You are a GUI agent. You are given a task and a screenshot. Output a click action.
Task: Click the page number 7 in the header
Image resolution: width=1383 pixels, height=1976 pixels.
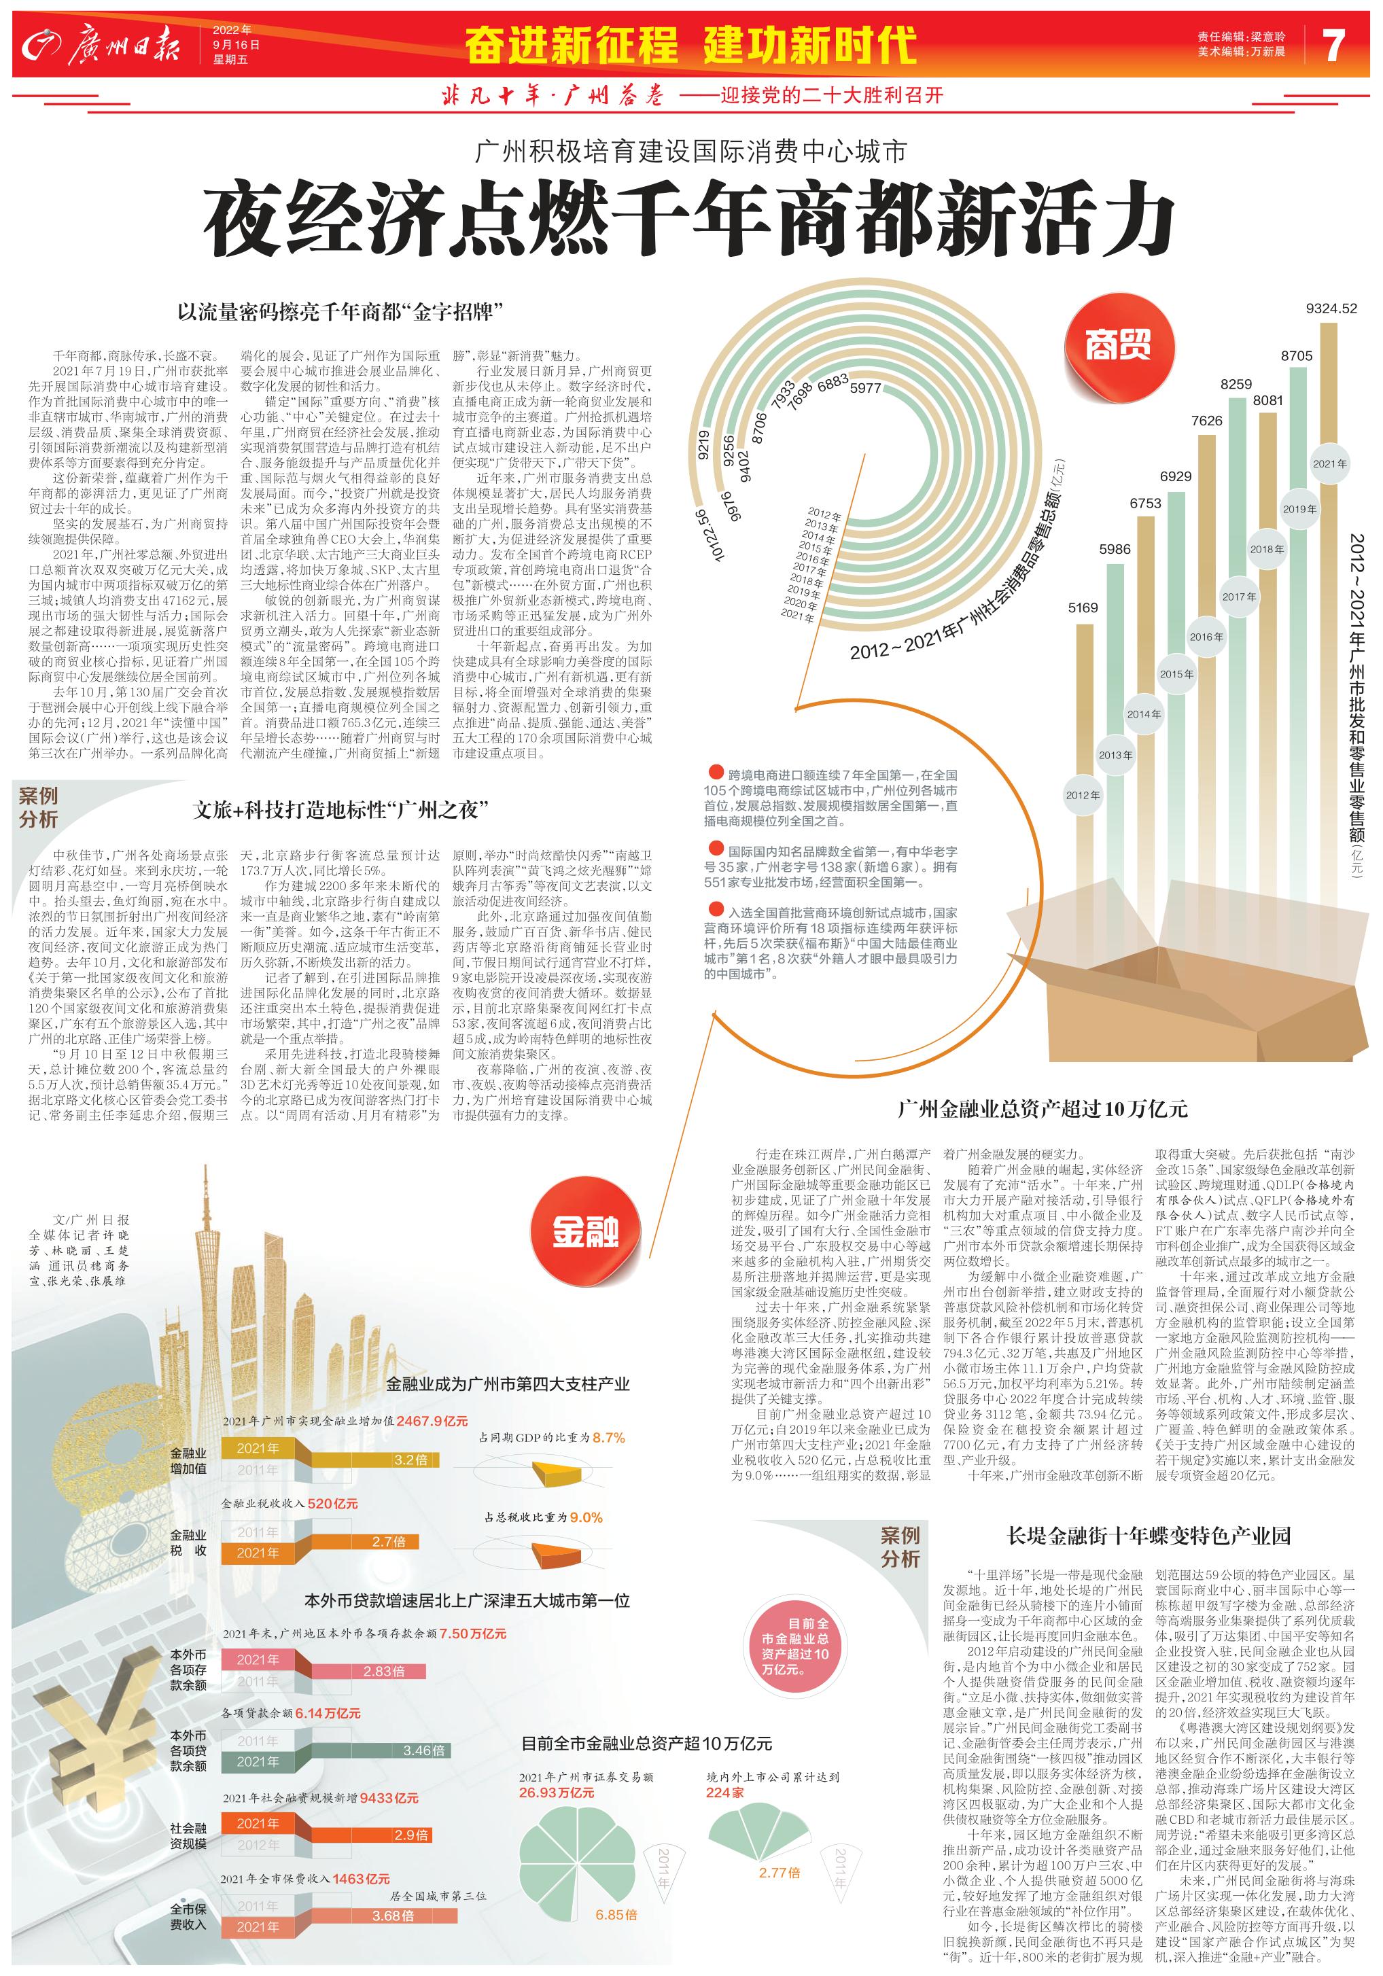pyautogui.click(x=1333, y=45)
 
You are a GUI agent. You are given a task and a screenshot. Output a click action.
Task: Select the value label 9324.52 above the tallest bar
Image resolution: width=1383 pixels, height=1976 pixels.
pyautogui.click(x=1331, y=308)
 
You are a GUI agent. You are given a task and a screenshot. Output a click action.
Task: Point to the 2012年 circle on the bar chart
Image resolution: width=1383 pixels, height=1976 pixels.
pyautogui.click(x=1083, y=794)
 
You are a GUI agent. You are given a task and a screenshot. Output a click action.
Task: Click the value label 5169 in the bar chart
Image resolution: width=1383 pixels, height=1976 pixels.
pyautogui.click(x=1083, y=607)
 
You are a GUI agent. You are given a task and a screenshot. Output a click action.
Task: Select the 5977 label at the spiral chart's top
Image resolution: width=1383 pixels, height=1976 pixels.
pyautogui.click(x=865, y=388)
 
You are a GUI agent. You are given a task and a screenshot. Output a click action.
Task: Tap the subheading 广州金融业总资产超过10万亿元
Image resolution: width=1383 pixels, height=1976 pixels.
pyautogui.click(x=1043, y=1108)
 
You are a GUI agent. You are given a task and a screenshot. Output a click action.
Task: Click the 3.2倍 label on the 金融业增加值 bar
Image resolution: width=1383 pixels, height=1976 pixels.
pyautogui.click(x=410, y=1460)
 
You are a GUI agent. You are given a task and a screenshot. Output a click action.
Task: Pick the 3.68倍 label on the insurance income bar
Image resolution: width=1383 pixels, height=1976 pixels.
pyautogui.click(x=392, y=1916)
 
